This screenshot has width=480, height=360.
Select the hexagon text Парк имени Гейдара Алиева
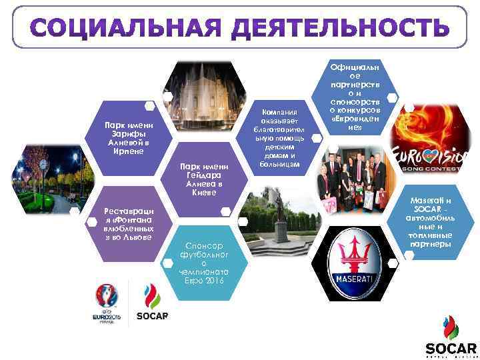coord(204,179)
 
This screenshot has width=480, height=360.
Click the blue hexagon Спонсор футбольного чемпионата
coord(204,259)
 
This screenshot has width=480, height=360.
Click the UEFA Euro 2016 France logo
coord(107,303)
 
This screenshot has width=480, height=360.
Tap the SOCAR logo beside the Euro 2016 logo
coord(152,303)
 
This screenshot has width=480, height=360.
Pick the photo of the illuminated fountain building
coord(203,97)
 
